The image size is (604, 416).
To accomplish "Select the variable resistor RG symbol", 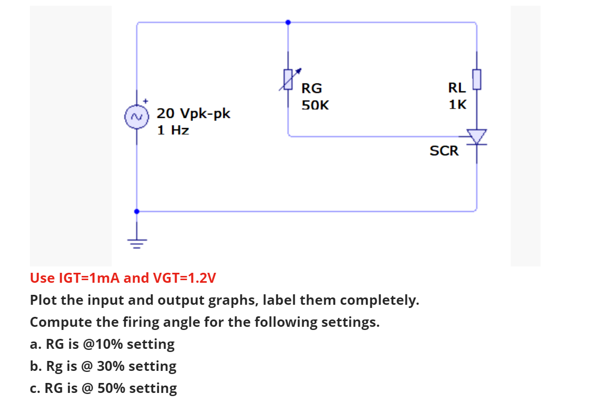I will [288, 79].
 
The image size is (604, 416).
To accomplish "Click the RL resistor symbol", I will [476, 79].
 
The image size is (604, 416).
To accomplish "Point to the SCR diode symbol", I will [476, 137].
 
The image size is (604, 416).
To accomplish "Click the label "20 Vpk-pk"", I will [193, 113].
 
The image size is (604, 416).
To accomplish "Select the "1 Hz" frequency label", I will [174, 130].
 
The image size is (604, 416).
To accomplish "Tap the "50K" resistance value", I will [315, 105].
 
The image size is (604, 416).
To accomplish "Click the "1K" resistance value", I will [457, 104].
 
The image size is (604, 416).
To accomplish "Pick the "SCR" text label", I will [444, 151].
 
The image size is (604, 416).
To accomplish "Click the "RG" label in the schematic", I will [312, 88].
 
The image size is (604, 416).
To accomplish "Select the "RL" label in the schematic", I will [457, 88].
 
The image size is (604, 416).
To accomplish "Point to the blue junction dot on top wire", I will [288, 23].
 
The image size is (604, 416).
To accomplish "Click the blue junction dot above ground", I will [137, 211].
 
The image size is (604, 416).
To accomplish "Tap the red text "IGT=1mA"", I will [85, 278].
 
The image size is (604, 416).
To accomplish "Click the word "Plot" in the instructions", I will [43, 301].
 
